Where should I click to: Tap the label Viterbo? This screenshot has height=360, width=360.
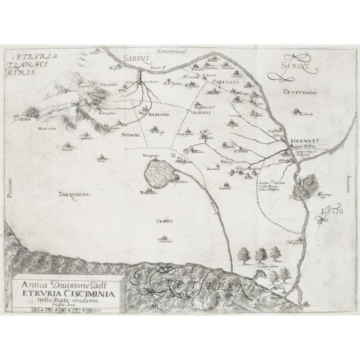click(x=22, y=118)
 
